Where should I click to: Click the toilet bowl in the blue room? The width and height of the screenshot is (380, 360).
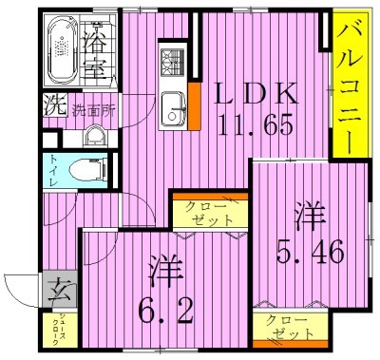(x=85, y=172)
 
